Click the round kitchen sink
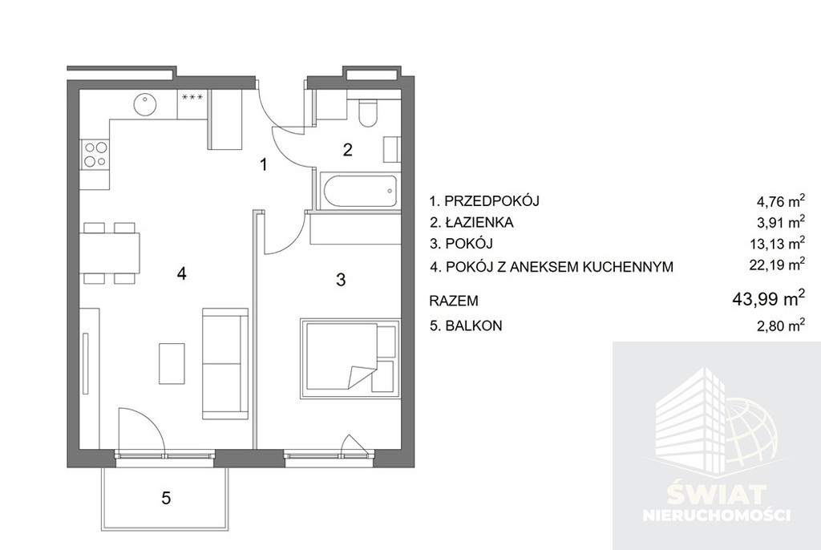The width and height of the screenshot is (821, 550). [144, 104]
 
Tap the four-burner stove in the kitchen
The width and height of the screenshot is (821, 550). [95, 154]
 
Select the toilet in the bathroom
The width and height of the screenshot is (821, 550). [368, 113]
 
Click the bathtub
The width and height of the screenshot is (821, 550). [359, 192]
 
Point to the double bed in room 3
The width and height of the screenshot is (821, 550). [350, 358]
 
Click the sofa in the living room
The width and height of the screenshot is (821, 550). [225, 363]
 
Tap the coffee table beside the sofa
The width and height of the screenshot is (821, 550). [172, 363]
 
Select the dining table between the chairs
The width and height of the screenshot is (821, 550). [110, 253]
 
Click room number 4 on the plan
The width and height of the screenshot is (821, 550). [181, 273]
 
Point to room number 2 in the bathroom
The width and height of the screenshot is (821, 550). [347, 151]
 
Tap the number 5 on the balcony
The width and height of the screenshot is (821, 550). [166, 498]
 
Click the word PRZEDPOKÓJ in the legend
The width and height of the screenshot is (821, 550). [491, 200]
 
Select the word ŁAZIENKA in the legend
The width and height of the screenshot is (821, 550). [479, 223]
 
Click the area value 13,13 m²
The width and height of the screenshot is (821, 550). [777, 243]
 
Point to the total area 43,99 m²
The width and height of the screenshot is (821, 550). [768, 299]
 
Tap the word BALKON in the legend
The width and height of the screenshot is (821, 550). [473, 326]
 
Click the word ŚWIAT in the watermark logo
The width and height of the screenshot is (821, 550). [717, 494]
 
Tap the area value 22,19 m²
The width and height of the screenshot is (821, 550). [777, 265]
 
